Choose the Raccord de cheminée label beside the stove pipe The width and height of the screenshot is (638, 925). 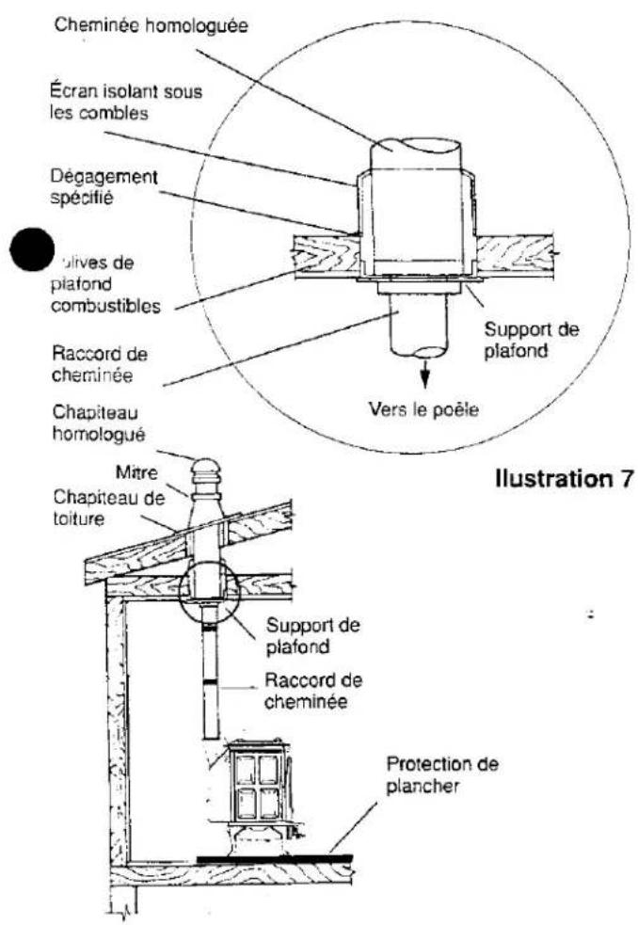coord(315,689)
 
